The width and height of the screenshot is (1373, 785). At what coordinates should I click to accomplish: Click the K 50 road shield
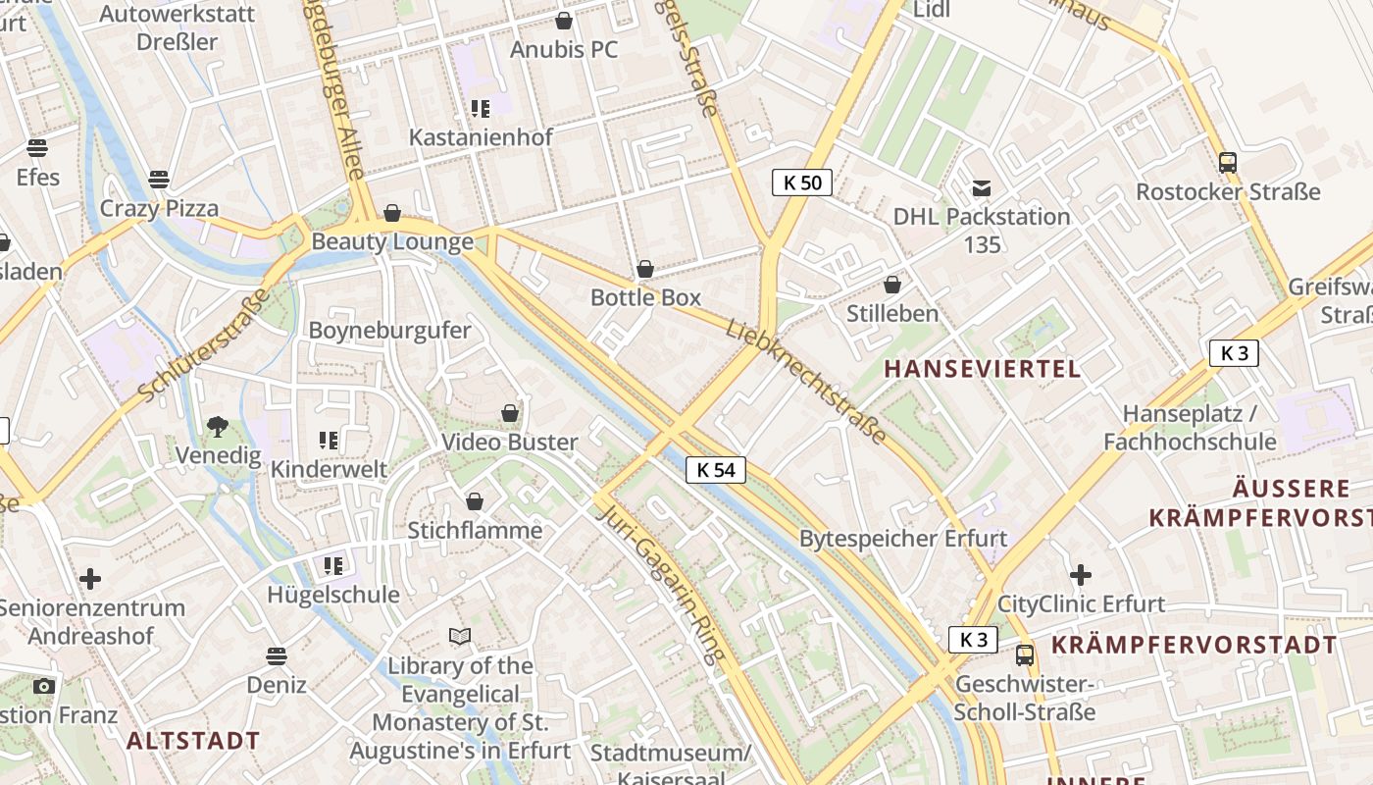pos(802,183)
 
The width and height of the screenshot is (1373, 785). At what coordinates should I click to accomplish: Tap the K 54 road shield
pos(716,470)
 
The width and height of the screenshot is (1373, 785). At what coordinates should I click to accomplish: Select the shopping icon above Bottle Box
pos(645,269)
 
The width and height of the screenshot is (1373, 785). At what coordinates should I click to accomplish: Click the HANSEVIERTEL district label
pos(983,369)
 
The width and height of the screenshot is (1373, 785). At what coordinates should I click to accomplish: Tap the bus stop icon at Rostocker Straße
pos(1227,163)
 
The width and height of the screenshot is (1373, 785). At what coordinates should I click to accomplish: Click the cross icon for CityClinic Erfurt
pos(1081,575)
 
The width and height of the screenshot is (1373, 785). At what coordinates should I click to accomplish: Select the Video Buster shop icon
pos(510,413)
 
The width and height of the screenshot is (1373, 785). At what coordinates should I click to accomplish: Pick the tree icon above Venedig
pos(218,427)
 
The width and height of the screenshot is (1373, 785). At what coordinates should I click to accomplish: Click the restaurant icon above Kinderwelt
pos(329,441)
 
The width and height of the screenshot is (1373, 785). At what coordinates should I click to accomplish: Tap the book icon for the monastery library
pos(460,637)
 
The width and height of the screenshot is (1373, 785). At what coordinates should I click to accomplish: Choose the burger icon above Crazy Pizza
pos(159,180)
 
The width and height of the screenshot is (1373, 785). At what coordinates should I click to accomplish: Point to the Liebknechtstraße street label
pos(807,381)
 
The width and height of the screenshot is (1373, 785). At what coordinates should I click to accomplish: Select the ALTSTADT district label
pos(194,741)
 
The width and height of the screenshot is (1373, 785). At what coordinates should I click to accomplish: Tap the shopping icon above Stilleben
pos(892,286)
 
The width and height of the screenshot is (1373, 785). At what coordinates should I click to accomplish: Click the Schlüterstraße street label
pos(204,345)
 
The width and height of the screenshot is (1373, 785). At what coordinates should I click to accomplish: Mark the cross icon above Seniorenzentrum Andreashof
pos(90,579)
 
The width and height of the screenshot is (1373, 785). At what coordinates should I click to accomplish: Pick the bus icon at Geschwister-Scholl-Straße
pos(1025,654)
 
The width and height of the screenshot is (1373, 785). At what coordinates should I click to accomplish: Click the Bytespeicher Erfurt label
pos(902,539)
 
